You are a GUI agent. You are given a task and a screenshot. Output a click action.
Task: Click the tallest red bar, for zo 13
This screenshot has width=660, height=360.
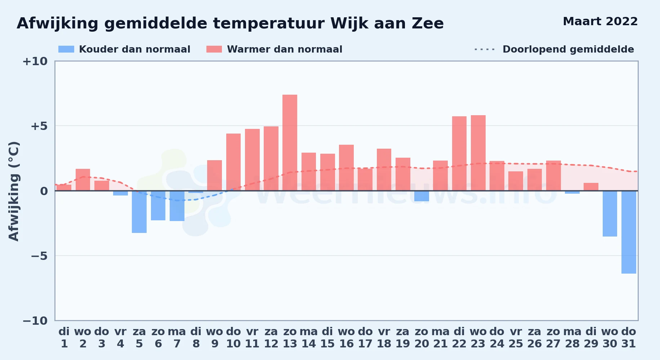tap(290, 143)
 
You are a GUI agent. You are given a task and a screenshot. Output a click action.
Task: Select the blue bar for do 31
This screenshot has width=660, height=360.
tap(629, 232)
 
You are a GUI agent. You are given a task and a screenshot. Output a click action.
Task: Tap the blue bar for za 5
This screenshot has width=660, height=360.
tap(139, 212)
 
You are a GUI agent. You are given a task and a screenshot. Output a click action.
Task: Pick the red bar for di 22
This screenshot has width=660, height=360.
tap(459, 153)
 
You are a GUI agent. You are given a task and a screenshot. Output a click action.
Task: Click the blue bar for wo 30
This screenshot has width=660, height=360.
tap(610, 213)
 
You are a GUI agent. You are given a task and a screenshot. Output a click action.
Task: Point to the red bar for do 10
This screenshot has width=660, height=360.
tap(233, 162)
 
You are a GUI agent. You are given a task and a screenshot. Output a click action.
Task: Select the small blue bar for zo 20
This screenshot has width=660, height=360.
tap(422, 196)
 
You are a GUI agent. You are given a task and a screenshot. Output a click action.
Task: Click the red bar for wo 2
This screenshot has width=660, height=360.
tap(83, 180)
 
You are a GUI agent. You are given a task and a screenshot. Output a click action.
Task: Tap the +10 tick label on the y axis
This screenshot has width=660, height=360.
tap(35, 62)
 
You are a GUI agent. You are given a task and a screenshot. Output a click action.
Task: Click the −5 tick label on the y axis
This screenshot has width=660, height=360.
tap(35, 256)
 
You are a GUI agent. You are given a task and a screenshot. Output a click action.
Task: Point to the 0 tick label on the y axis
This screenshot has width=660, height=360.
tap(44, 191)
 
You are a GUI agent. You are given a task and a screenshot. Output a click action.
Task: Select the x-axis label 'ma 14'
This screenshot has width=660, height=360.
tap(309, 338)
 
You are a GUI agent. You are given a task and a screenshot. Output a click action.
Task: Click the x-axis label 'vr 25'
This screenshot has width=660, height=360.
tap(516, 338)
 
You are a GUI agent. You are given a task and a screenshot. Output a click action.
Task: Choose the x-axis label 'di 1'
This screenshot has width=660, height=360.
tap(64, 338)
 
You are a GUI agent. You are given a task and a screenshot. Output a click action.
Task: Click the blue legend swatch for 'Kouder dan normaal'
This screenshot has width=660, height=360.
tap(66, 49)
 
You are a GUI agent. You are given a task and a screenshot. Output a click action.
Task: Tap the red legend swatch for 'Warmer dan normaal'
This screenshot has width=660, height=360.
tap(214, 49)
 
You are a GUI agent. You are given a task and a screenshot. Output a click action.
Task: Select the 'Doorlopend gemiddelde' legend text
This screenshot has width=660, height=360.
tap(568, 49)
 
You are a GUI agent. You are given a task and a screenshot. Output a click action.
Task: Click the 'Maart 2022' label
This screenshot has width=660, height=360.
tap(600, 22)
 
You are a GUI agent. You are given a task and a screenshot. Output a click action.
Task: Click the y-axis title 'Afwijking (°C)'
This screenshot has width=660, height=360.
tap(14, 191)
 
